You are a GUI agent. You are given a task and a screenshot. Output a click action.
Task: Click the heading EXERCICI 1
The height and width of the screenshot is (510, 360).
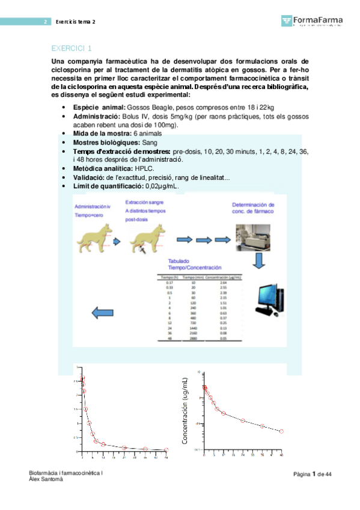click(72, 48)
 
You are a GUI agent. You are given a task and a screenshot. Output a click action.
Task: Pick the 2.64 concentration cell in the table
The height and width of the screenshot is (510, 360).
click(224, 283)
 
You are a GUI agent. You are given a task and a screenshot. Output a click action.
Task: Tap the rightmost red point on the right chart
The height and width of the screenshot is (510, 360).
click(281, 431)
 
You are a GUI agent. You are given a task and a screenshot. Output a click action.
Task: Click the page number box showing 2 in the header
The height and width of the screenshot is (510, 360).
click(44, 22)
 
